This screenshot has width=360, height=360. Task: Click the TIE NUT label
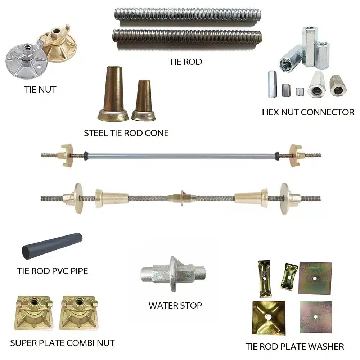[x=40, y=90]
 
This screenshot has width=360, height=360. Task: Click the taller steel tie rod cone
[x=113, y=94]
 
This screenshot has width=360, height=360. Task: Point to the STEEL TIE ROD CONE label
[x=126, y=133]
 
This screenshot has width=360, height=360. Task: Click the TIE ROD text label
[x=186, y=62]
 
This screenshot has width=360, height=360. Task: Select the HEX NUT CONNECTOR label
[x=308, y=112]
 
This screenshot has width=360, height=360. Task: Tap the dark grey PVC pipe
[x=52, y=246]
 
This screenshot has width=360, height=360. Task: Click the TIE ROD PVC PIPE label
[x=53, y=271]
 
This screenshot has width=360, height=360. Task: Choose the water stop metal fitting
[x=173, y=274]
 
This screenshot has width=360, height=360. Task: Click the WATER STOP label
[x=175, y=306]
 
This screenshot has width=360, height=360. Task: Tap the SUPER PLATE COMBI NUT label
[x=62, y=343]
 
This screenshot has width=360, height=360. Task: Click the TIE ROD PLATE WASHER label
[x=295, y=347]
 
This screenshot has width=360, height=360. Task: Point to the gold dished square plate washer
[x=269, y=318]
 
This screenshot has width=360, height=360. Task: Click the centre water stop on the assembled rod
[x=181, y=198]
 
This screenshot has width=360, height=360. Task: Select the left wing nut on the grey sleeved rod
[x=67, y=156]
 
